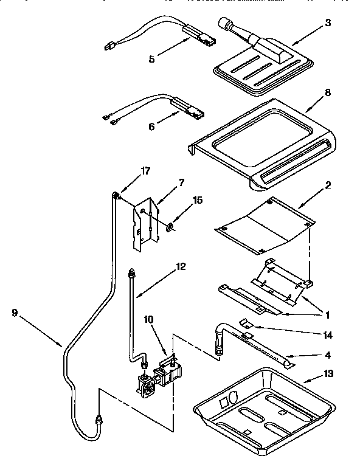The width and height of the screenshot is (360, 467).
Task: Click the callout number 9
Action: click(14, 313)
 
